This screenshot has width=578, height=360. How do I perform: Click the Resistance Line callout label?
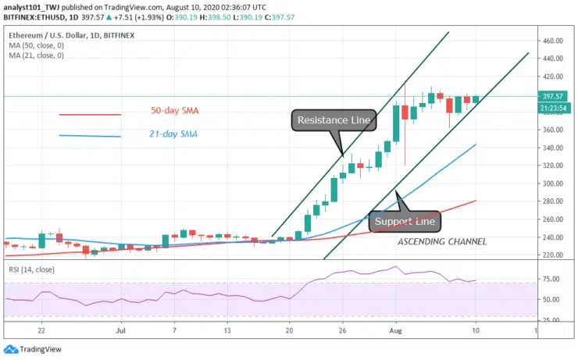[334, 120]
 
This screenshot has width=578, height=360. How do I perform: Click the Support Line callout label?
[405, 222]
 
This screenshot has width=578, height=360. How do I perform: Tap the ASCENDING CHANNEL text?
[442, 242]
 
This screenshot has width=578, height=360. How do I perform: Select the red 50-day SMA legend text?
[175, 111]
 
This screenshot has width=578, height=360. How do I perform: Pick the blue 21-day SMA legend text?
[173, 134]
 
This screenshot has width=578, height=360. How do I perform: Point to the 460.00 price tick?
[553, 41]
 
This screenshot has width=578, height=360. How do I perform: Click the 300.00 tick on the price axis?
[553, 184]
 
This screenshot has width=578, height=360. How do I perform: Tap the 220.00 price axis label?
[553, 255]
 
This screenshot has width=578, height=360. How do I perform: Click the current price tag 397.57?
[552, 97]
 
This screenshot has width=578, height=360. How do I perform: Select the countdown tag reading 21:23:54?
[553, 109]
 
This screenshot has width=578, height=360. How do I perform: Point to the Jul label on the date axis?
[120, 330]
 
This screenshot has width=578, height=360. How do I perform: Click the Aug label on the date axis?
[395, 330]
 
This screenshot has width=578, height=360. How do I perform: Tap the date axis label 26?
[342, 330]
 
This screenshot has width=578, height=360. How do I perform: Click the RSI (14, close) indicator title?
[32, 269]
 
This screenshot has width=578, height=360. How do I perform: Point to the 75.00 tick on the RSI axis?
[551, 279]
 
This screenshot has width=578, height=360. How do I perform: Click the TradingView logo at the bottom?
[33, 349]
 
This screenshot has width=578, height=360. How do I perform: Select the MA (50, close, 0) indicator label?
[36, 45]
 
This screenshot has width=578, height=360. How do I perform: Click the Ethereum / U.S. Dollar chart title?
[49, 35]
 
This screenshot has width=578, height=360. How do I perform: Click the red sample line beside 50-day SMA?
[90, 115]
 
